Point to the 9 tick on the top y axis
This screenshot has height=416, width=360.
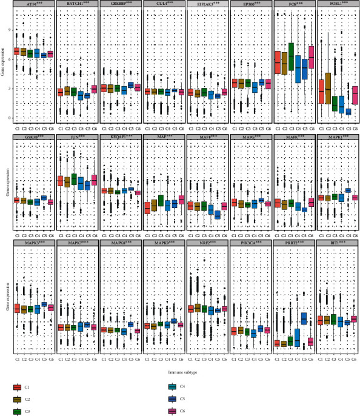[9, 29]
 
